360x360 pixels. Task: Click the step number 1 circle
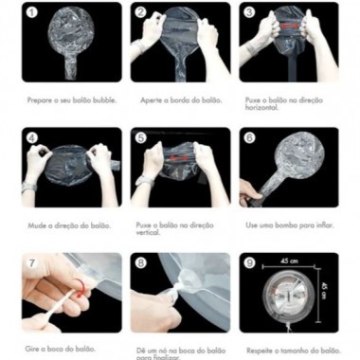click(30, 13)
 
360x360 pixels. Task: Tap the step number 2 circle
click(139, 13)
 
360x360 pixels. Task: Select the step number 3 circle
click(248, 13)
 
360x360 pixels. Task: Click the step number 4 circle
click(30, 138)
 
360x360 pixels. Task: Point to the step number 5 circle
click(139, 138)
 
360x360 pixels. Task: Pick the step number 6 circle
click(248, 138)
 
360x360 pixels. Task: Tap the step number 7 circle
click(30, 263)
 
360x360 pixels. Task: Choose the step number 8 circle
click(139, 263)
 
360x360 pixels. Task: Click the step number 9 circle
click(248, 263)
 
